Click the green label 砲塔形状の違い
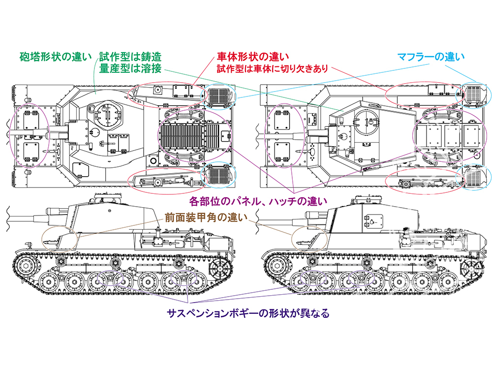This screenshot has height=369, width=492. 56,57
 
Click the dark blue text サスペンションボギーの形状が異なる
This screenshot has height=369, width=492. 247,313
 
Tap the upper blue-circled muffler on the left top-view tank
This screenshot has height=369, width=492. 217,96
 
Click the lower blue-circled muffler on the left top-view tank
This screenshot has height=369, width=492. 217,175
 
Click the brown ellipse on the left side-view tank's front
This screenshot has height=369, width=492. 60,239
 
